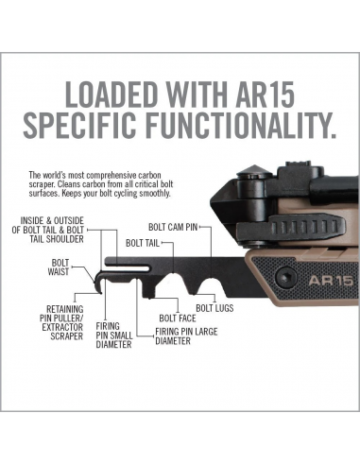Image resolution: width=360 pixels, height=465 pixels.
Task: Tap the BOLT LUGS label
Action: pyautogui.click(x=216, y=309)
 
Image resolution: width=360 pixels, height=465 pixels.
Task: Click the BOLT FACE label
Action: pyautogui.click(x=178, y=319)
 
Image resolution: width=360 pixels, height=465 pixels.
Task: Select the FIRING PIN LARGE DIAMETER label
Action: pyautogui.click(x=186, y=336)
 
